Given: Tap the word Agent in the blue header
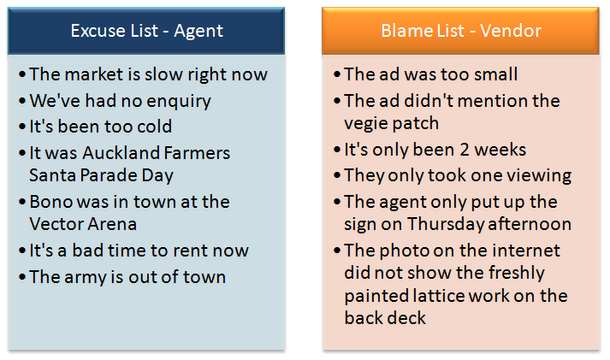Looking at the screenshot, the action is tap(198, 32).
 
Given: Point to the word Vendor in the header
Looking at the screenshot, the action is tap(511, 31).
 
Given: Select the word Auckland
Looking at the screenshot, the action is tap(121, 153).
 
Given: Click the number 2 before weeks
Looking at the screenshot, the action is tap(464, 150).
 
